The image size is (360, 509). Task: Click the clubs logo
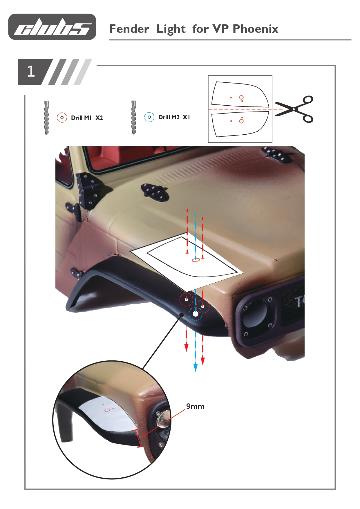point(52,27)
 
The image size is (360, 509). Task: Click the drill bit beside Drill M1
point(46,118)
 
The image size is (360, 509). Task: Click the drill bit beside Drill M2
point(134,117)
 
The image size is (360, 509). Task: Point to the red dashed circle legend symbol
point(62,118)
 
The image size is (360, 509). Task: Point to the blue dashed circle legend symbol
point(149,117)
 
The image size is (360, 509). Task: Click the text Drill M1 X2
point(87,118)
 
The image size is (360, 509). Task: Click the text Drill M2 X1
point(174,117)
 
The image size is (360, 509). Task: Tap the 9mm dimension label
point(195,406)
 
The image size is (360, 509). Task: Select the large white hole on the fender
point(196,313)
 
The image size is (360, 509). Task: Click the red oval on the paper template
point(196,260)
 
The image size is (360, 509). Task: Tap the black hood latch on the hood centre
point(154,192)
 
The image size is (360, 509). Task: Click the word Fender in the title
point(129,29)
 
